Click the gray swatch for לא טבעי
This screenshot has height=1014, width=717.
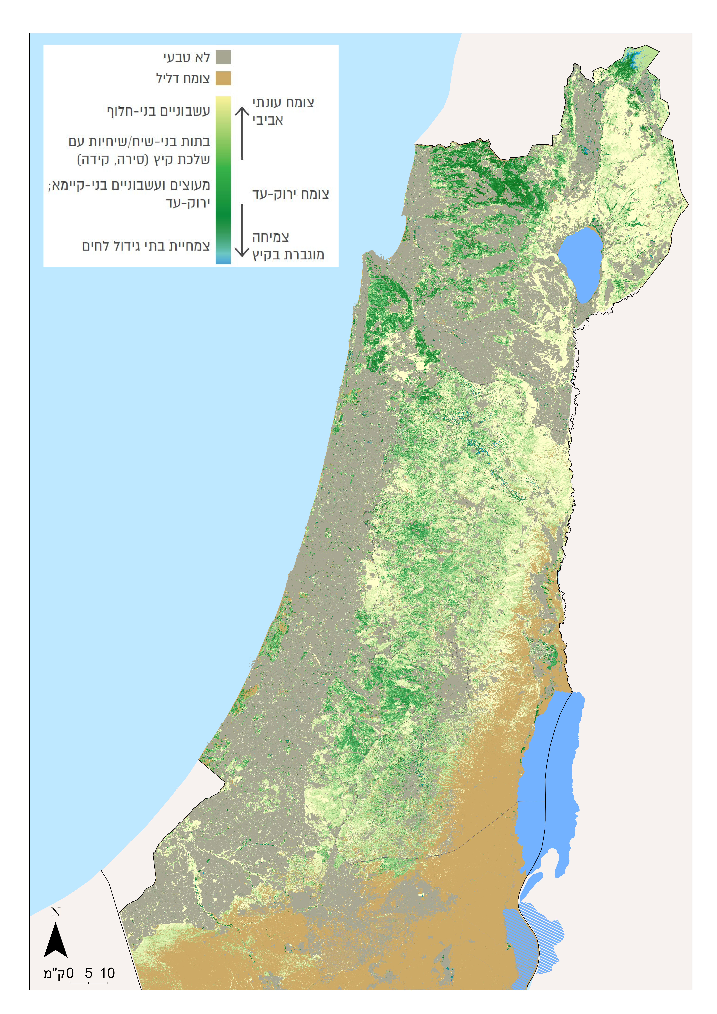tap(223, 57)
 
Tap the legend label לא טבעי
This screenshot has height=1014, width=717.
tap(186, 57)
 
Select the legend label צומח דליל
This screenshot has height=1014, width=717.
tap(183, 79)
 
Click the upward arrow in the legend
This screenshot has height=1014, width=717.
tap(242, 132)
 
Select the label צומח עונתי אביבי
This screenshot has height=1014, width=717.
tap(283, 111)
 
